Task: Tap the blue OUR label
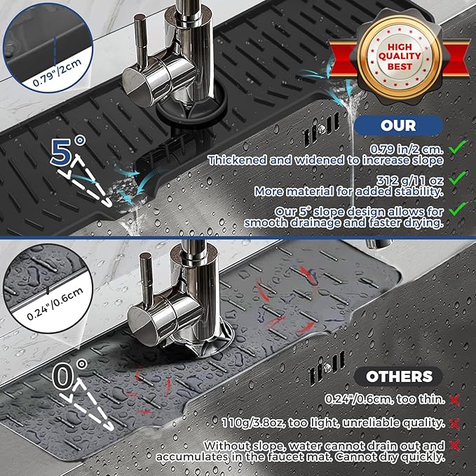[398, 125]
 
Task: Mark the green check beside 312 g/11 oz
[458, 179]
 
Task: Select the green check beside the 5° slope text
[458, 208]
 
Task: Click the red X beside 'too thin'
[455, 400]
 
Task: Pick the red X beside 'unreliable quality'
[455, 423]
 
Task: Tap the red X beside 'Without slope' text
[455, 446]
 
